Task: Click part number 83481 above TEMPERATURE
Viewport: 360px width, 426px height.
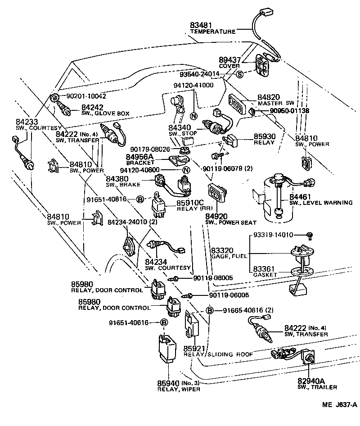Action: pyautogui.click(x=200, y=25)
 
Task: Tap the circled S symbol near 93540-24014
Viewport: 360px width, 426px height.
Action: pyautogui.click(x=239, y=74)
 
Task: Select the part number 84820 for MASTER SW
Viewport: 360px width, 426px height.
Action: pyautogui.click(x=268, y=97)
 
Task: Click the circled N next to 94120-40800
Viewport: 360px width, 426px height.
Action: pyautogui.click(x=185, y=170)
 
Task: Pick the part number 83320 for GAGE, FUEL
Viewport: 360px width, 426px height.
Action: pyautogui.click(x=221, y=249)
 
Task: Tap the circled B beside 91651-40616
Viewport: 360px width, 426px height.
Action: pyautogui.click(x=164, y=322)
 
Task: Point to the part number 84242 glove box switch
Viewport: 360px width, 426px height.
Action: pyautogui.click(x=92, y=107)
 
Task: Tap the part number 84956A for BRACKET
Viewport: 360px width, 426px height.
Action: pyautogui.click(x=139, y=156)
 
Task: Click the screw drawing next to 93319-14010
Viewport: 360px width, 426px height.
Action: pyautogui.click(x=309, y=235)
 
